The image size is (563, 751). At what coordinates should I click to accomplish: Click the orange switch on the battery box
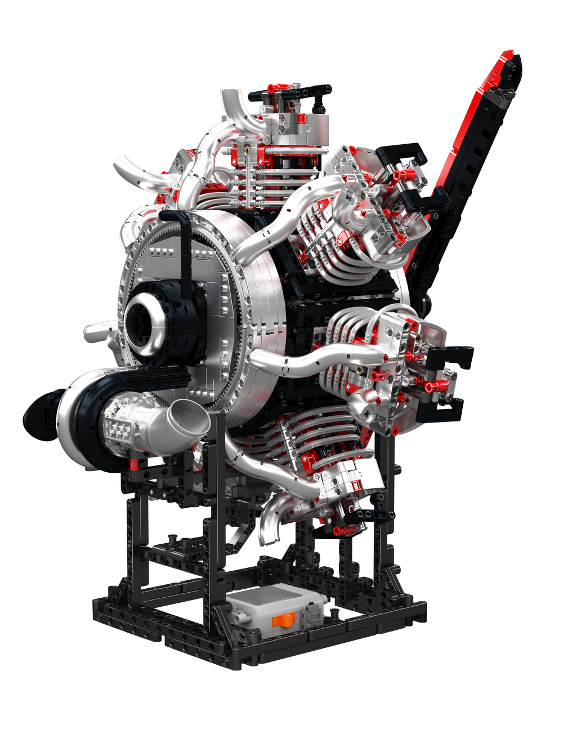(x=284, y=621)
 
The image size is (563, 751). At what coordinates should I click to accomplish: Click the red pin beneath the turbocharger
(x=134, y=465)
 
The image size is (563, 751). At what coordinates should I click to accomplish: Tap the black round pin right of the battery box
(x=336, y=611)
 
